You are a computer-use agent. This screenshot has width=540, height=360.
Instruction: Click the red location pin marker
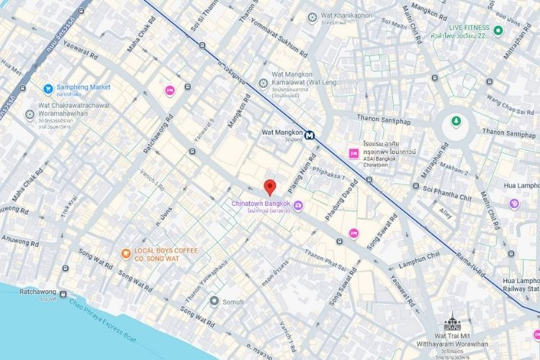[x=270, y=187]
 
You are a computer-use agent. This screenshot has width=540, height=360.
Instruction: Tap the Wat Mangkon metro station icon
[x=310, y=135]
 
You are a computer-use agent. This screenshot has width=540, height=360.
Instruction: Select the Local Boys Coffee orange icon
[x=125, y=253]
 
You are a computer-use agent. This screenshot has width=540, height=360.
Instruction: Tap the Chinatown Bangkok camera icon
[x=298, y=207]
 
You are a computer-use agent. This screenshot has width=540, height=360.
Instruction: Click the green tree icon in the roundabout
[x=454, y=122]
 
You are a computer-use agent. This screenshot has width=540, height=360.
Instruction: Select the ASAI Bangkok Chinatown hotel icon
[x=354, y=153]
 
